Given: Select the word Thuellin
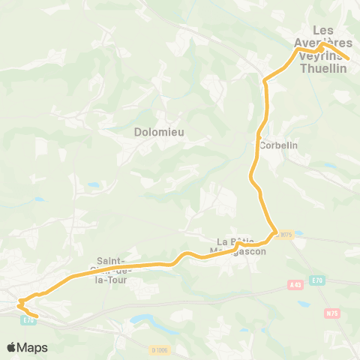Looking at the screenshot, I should tap(322, 68).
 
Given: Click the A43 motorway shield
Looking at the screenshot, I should tap(295, 285).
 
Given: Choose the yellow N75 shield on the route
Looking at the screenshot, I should tap(285, 235).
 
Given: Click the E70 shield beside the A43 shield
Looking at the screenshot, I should tap(317, 279).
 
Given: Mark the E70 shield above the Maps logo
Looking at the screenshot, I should tap(28, 320).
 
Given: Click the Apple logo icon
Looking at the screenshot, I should tap(12, 347).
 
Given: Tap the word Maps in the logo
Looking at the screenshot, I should tap(33, 347).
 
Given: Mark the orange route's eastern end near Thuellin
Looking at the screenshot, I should tap(348, 58).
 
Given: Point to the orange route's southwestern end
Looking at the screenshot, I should tap(34, 316).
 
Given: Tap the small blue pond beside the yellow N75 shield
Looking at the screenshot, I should tap(301, 233).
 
